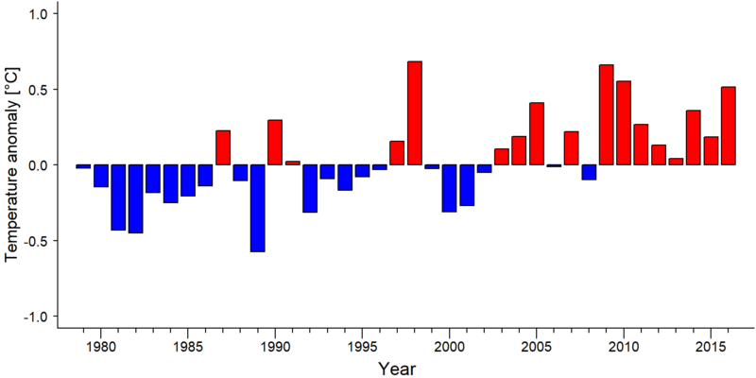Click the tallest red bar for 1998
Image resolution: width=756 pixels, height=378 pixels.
pyautogui.click(x=415, y=112)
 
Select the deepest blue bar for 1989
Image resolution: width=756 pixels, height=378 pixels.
pyautogui.click(x=257, y=208)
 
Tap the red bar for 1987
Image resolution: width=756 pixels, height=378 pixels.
pyautogui.click(x=223, y=147)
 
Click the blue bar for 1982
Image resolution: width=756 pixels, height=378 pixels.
pyautogui.click(x=135, y=199)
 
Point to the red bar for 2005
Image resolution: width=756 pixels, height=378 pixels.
pyautogui.click(x=537, y=133)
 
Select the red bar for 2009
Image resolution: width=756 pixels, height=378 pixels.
pyautogui.click(x=607, y=114)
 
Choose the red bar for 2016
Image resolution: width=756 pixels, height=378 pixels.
pyautogui.click(x=729, y=126)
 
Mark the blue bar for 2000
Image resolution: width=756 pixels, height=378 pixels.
pyautogui.click(x=450, y=188)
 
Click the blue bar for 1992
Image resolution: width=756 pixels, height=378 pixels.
pyautogui.click(x=310, y=188)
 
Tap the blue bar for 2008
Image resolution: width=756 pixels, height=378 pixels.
pyautogui.click(x=589, y=172)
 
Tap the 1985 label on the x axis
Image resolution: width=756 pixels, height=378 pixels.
pyautogui.click(x=187, y=347)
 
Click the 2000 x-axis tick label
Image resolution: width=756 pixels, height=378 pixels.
pyautogui.click(x=450, y=347)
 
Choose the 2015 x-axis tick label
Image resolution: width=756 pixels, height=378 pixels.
pyautogui.click(x=711, y=347)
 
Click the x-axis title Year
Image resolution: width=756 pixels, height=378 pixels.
pyautogui.click(x=396, y=369)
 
